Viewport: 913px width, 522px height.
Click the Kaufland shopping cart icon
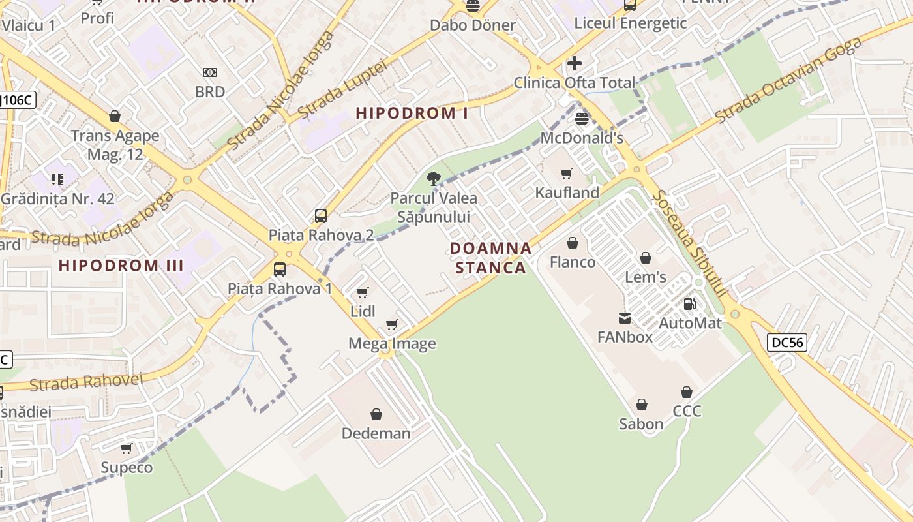pyautogui.click(x=566, y=174)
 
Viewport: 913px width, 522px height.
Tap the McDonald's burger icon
pyautogui.click(x=582, y=119)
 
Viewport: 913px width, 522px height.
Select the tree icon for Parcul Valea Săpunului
pyautogui.click(x=433, y=178)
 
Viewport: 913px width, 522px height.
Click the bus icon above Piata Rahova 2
pyautogui.click(x=320, y=216)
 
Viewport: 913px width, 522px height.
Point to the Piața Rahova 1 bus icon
pyautogui.click(x=279, y=269)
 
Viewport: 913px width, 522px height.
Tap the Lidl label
pyautogui.click(x=363, y=311)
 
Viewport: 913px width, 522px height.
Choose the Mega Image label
pyautogui.click(x=392, y=343)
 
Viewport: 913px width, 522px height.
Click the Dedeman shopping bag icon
pyautogui.click(x=376, y=414)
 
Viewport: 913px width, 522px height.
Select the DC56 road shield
pyautogui.click(x=787, y=343)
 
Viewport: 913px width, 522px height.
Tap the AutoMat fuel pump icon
pyautogui.click(x=689, y=304)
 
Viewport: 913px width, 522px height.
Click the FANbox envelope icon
pyautogui.click(x=625, y=318)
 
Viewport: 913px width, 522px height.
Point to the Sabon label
pyautogui.click(x=641, y=424)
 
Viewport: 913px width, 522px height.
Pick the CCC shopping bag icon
pyautogui.click(x=686, y=392)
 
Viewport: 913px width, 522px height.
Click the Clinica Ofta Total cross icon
pyautogui.click(x=574, y=63)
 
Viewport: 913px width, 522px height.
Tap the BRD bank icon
pyautogui.click(x=210, y=72)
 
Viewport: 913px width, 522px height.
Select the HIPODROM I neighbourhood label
pyautogui.click(x=412, y=113)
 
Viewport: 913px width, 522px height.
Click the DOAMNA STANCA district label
pyautogui.click(x=490, y=258)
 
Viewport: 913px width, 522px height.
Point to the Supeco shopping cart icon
pyautogui.click(x=126, y=449)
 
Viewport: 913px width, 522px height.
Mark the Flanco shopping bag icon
pyautogui.click(x=573, y=243)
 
